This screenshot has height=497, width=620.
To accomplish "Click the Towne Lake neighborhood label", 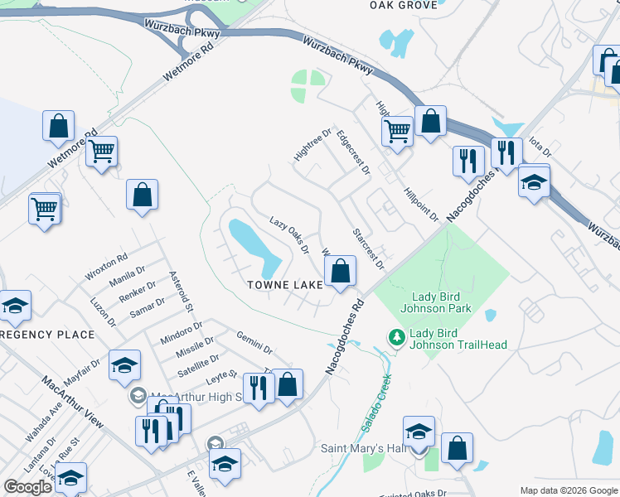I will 285,284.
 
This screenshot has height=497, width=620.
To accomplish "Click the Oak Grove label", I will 403,5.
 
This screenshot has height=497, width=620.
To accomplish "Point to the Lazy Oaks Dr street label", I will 289,235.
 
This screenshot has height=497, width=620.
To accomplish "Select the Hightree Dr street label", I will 312,145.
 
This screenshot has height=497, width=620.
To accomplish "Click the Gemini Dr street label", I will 254,340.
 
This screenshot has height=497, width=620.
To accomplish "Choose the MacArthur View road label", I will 73,403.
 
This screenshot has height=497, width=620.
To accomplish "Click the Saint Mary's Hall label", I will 362,449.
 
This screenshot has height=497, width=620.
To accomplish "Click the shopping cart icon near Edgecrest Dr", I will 397,130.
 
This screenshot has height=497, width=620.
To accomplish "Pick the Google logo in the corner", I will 27,487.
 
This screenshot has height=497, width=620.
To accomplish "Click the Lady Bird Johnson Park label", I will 442,302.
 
